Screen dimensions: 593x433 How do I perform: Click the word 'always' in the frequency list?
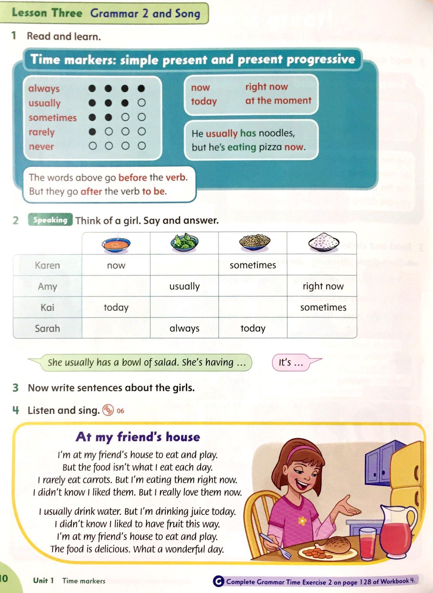click(x=44, y=89)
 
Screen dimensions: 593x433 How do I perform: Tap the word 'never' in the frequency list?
click(x=41, y=146)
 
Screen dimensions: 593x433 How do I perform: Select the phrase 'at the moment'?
click(x=278, y=101)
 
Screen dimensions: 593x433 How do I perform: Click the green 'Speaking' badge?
click(x=50, y=220)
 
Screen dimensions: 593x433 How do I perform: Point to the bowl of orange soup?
click(x=116, y=244)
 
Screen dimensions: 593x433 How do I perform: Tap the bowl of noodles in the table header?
click(x=255, y=242)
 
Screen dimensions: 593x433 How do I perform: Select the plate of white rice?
click(x=324, y=242)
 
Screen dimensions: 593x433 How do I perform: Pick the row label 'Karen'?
click(x=47, y=265)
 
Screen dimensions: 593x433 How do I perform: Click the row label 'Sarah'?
click(x=47, y=328)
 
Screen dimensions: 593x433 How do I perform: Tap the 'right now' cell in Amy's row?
click(x=323, y=286)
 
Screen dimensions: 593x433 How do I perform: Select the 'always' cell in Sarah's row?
click(x=184, y=328)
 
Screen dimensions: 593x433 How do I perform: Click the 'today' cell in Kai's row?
click(x=116, y=307)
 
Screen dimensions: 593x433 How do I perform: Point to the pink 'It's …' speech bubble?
click(x=291, y=362)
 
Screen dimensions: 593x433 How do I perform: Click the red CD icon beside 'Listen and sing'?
click(x=108, y=410)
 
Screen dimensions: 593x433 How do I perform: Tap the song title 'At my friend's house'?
click(x=138, y=437)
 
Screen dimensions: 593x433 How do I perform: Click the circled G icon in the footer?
click(x=218, y=581)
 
